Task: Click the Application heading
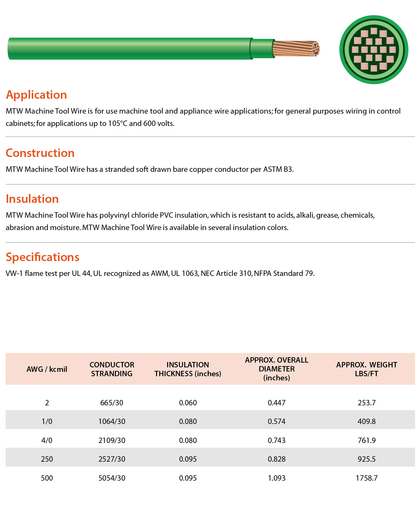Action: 36,95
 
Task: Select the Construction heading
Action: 40,153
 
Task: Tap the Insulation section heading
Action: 32,199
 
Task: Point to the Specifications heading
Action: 42,257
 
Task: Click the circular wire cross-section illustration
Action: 374,50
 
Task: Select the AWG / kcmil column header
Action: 47,369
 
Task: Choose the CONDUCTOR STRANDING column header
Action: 112,369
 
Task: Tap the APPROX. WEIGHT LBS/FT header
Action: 366,369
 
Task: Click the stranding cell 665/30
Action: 112,403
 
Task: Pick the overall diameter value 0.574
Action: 276,421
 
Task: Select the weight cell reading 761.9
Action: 366,440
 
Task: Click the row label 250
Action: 47,459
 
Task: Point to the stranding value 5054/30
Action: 112,478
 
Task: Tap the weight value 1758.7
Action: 366,478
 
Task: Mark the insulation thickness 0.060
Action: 188,403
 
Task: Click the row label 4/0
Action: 47,440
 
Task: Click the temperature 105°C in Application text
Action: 118,123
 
